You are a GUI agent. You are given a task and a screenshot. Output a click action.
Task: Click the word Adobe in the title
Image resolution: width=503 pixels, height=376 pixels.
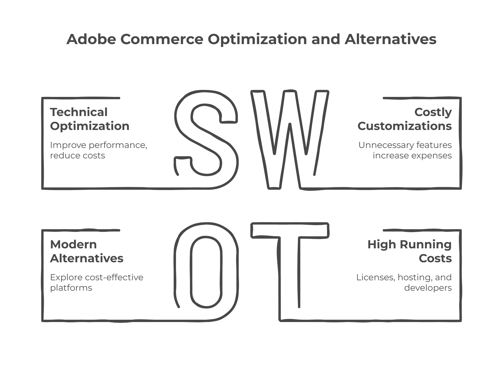(91, 39)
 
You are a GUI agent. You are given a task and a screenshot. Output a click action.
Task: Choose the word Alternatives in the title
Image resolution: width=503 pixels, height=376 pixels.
(390, 39)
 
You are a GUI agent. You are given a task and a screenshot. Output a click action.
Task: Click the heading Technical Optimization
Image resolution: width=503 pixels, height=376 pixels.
(89, 119)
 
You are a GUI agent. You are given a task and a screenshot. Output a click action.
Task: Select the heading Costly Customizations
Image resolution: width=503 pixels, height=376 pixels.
(405, 119)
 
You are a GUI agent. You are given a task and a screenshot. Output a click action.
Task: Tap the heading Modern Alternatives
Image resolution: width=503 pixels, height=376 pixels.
(87, 251)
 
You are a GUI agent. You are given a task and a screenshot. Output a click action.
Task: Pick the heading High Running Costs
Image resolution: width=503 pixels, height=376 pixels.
(409, 251)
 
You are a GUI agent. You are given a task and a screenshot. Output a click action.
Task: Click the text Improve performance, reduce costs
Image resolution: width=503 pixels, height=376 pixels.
(98, 150)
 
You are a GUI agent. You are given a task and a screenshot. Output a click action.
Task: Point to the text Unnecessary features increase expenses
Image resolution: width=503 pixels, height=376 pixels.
(405, 150)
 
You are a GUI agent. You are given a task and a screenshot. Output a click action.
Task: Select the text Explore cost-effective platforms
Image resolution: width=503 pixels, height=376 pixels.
(96, 282)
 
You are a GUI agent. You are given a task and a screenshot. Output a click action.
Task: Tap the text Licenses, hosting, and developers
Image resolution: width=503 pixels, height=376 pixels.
(404, 282)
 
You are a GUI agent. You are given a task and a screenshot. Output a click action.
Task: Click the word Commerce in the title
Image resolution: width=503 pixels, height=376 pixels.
(162, 39)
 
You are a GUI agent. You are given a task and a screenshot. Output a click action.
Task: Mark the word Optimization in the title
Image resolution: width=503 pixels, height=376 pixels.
(257, 39)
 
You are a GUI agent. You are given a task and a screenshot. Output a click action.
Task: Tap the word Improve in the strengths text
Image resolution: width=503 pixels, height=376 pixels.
(68, 145)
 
